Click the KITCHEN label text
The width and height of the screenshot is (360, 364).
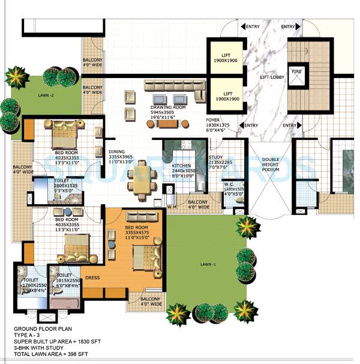click(x=181, y=165)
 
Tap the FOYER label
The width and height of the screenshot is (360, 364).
click(x=213, y=120)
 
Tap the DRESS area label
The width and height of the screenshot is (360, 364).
click(x=92, y=278)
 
